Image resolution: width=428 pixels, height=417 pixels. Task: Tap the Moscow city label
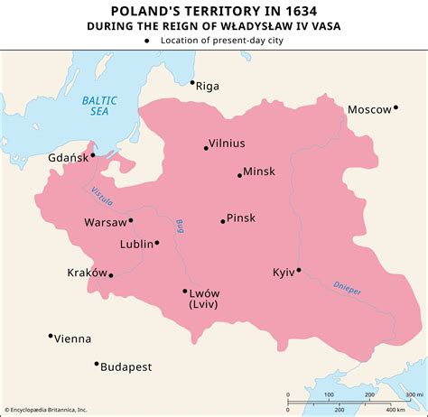(x=368, y=109)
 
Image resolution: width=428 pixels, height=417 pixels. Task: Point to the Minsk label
(x=259, y=171)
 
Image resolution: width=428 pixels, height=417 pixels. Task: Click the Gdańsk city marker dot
(x=92, y=154)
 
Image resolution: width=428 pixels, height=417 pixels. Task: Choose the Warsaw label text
(x=104, y=221)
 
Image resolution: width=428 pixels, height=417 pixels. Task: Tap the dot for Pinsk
(x=222, y=221)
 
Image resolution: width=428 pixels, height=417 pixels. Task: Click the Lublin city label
(x=136, y=244)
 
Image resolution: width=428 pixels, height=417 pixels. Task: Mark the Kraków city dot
(x=111, y=275)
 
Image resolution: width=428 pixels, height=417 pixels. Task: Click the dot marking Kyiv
(x=298, y=269)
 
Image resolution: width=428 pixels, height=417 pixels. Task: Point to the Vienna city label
(x=72, y=338)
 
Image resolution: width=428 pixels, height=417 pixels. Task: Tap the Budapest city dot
(x=96, y=364)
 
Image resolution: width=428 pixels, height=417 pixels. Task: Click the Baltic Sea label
(x=92, y=106)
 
